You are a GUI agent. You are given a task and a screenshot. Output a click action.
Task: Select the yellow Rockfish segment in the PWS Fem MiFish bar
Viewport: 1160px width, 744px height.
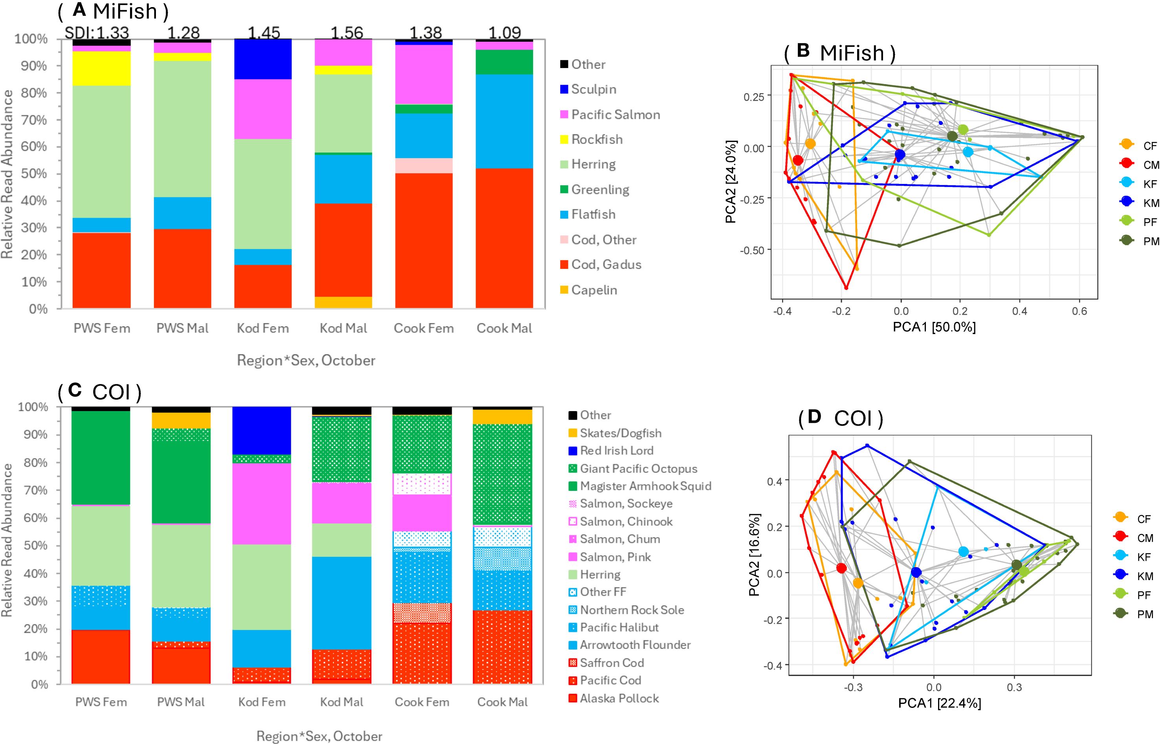101,68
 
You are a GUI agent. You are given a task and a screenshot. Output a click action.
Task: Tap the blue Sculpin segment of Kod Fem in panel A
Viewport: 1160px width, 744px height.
263,59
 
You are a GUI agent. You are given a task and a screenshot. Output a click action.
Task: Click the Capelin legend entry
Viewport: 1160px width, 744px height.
594,290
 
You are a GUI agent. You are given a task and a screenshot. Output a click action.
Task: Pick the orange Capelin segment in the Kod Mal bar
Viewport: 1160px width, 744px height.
343,302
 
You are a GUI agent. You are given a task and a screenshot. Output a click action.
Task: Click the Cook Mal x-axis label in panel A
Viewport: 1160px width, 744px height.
504,329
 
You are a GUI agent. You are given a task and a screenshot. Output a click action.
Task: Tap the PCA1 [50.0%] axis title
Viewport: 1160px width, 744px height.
934,327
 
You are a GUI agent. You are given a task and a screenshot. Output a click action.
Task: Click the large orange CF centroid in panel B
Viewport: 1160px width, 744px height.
810,143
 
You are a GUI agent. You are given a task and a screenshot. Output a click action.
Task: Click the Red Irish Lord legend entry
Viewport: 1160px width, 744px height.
616,451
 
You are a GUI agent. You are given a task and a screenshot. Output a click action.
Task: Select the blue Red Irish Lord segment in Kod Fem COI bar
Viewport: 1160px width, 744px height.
262,430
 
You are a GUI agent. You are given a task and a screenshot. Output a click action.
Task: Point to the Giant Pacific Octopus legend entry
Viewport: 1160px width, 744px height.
638,468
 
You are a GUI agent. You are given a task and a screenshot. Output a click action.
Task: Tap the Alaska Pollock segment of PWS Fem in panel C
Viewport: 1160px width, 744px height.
101,657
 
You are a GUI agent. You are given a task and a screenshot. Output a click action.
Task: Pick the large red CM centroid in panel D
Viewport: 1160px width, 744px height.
841,568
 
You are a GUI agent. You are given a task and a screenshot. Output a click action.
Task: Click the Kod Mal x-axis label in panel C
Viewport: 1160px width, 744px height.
342,702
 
